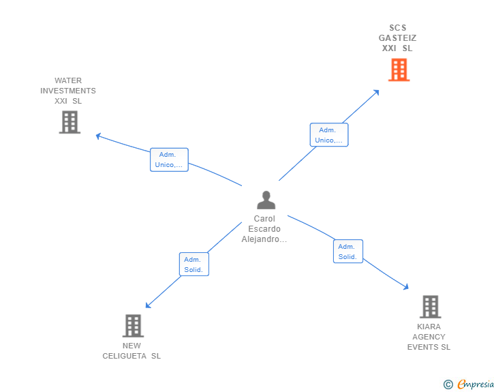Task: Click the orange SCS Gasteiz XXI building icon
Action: [x=399, y=70]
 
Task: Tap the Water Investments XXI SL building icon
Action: [x=69, y=122]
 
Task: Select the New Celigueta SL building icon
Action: [x=133, y=326]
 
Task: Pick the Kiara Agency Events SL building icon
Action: [x=430, y=307]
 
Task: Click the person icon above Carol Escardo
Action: [x=266, y=200]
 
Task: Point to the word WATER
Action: [x=68, y=80]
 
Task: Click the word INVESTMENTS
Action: [x=68, y=91]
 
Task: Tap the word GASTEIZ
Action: [x=398, y=38]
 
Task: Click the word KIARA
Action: [x=429, y=327]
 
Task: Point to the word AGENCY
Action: [x=429, y=337]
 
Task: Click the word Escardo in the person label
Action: [x=264, y=229]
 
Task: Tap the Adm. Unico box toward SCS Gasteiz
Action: [x=329, y=135]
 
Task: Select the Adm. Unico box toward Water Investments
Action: [x=169, y=160]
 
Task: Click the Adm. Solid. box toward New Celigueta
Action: [x=193, y=265]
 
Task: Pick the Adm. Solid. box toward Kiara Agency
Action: [x=347, y=252]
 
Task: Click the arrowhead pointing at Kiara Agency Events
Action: [x=406, y=288]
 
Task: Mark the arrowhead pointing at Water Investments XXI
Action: [x=98, y=136]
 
